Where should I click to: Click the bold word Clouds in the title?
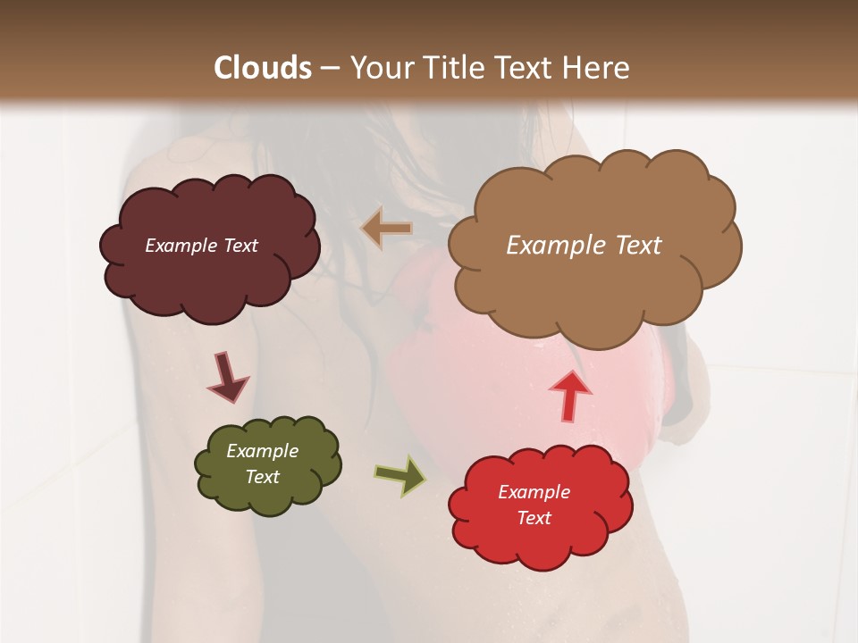[x=263, y=68]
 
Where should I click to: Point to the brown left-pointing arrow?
[x=386, y=229]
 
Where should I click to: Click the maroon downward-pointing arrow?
[x=227, y=377]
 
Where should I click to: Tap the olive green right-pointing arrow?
[x=400, y=475]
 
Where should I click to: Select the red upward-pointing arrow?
[x=569, y=395]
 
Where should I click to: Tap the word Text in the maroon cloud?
[x=240, y=246]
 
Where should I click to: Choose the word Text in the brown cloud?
[x=638, y=246]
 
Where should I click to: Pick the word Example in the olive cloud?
[x=262, y=451]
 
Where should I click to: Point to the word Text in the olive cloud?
[x=263, y=477]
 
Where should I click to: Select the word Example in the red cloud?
[x=534, y=492]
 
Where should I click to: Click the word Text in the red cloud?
[x=534, y=518]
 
